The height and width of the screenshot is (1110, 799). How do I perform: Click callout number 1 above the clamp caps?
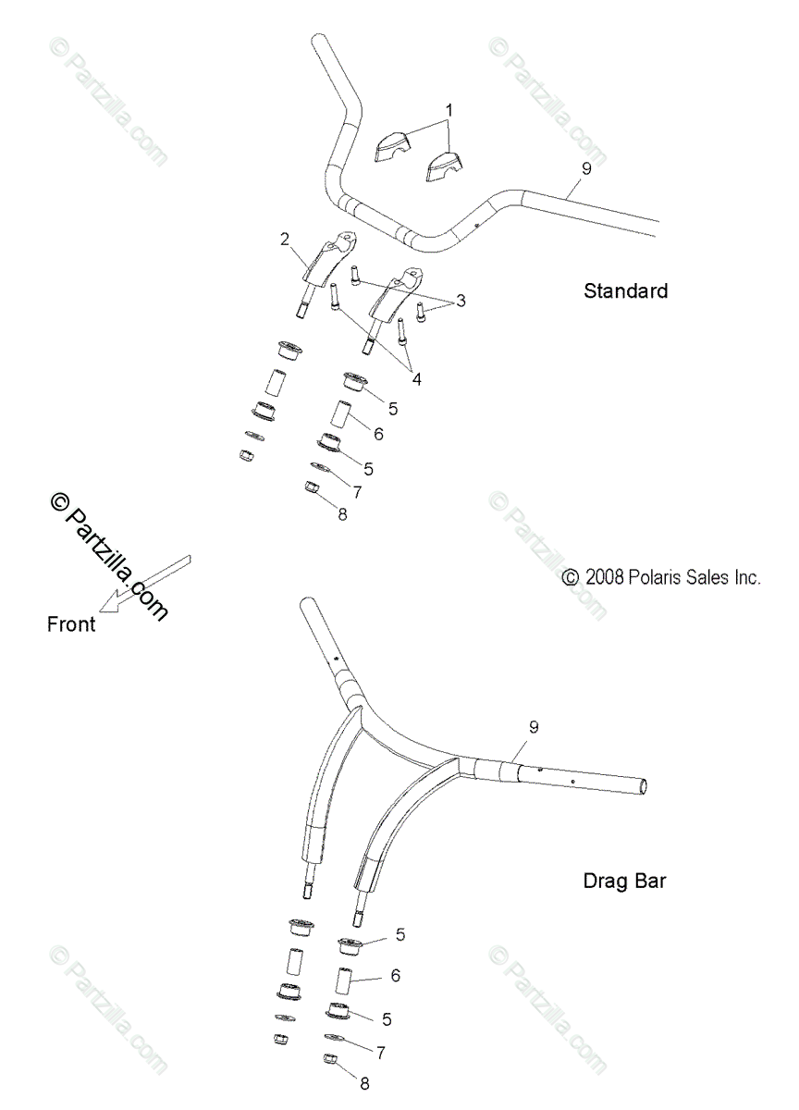pos(449,110)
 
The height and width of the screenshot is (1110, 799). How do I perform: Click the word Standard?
pos(625,290)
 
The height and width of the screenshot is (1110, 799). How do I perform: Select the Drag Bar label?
pos(624,880)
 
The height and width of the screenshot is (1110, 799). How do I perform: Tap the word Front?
pos(71,624)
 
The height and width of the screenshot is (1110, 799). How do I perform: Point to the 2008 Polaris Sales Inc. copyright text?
pos(661,577)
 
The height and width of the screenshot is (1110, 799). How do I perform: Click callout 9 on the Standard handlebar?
pos(585,167)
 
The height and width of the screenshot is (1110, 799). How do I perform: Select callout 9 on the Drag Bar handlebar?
pos(534,727)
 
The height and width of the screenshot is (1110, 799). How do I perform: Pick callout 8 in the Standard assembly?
pos(342,514)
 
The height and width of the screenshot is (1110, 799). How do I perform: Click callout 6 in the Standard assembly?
pos(378,432)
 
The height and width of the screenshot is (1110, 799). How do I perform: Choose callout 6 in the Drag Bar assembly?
pos(397,975)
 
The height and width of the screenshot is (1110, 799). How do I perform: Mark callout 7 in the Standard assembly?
pos(356,491)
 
